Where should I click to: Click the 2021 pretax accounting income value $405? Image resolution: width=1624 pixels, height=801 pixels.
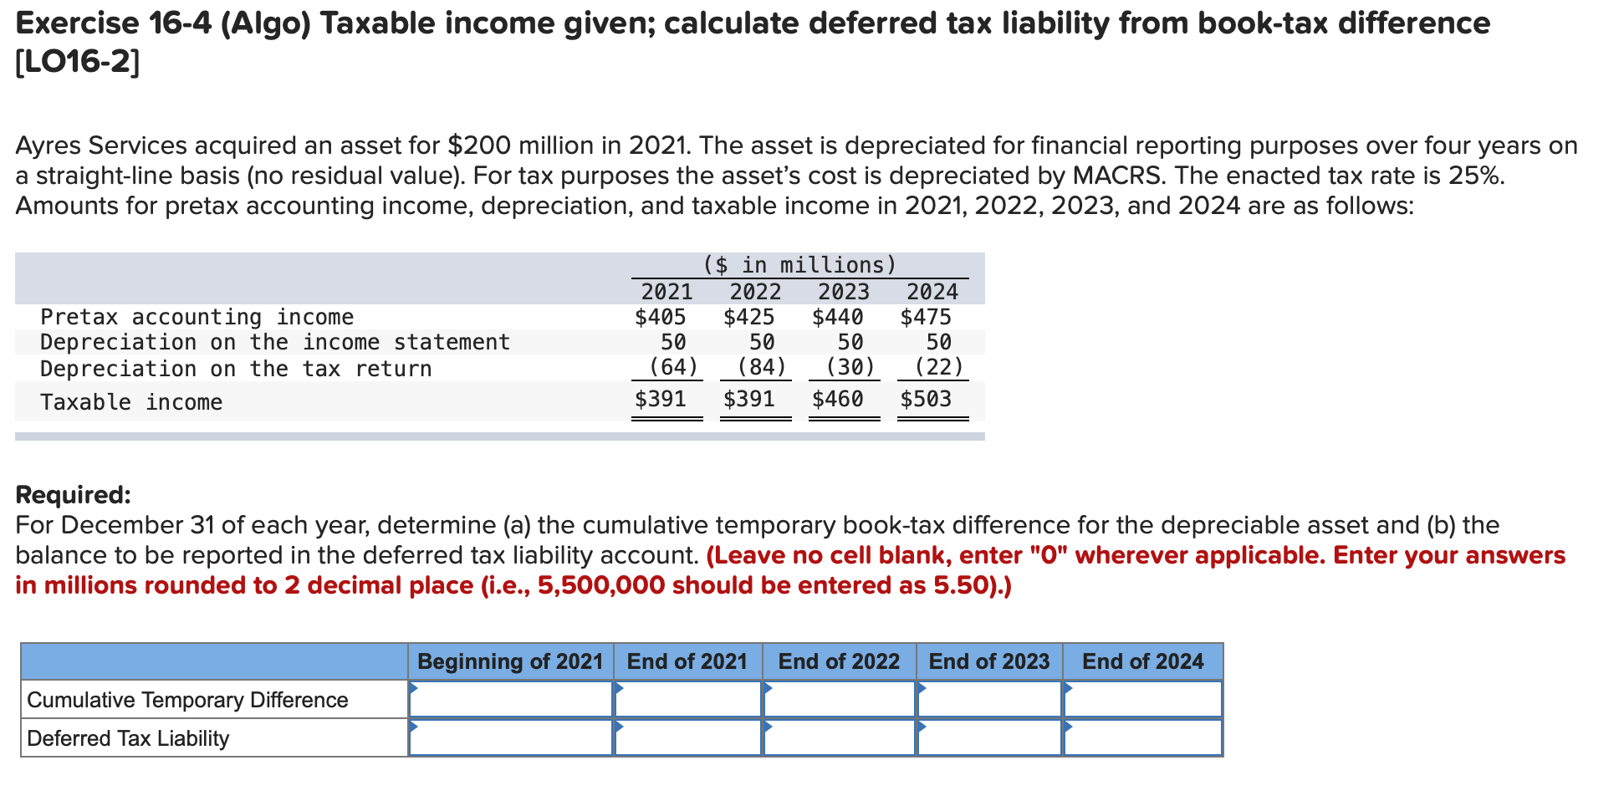pyautogui.click(x=660, y=318)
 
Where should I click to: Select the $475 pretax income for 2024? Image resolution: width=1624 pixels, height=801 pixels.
pyautogui.click(x=926, y=318)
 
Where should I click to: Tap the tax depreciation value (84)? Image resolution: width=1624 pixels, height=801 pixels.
pyautogui.click(x=762, y=367)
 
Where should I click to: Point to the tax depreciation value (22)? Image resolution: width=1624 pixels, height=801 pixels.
pyautogui.click(x=938, y=367)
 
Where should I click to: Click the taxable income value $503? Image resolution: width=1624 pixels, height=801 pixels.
pyautogui.click(x=926, y=399)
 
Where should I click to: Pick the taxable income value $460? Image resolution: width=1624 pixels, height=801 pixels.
pyautogui.click(x=837, y=399)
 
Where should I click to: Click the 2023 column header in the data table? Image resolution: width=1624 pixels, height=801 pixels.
pyautogui.click(x=843, y=292)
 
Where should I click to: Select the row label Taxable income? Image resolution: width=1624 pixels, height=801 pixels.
pyautogui.click(x=131, y=402)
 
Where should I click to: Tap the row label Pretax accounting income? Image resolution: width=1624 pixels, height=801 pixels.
pyautogui.click(x=197, y=318)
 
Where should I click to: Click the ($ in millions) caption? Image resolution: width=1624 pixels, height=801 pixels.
pyautogui.click(x=799, y=265)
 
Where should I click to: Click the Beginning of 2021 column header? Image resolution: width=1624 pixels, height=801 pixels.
pyautogui.click(x=510, y=661)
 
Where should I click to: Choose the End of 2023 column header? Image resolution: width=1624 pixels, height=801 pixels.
pyautogui.click(x=988, y=661)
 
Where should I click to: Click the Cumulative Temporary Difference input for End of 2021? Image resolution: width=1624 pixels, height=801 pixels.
pyautogui.click(x=687, y=699)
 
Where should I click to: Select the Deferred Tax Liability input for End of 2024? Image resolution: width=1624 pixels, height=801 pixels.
pyautogui.click(x=1142, y=737)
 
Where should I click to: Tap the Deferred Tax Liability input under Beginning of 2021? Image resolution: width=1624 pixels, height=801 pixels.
pyautogui.click(x=510, y=737)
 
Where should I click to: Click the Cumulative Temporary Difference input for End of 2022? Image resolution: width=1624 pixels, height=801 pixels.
pyautogui.click(x=839, y=699)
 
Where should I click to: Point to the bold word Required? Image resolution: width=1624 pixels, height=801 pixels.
pyautogui.click(x=74, y=495)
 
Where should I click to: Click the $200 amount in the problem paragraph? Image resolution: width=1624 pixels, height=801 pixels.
pyautogui.click(x=479, y=146)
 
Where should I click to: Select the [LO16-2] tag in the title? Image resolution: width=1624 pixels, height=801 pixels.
pyautogui.click(x=78, y=62)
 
